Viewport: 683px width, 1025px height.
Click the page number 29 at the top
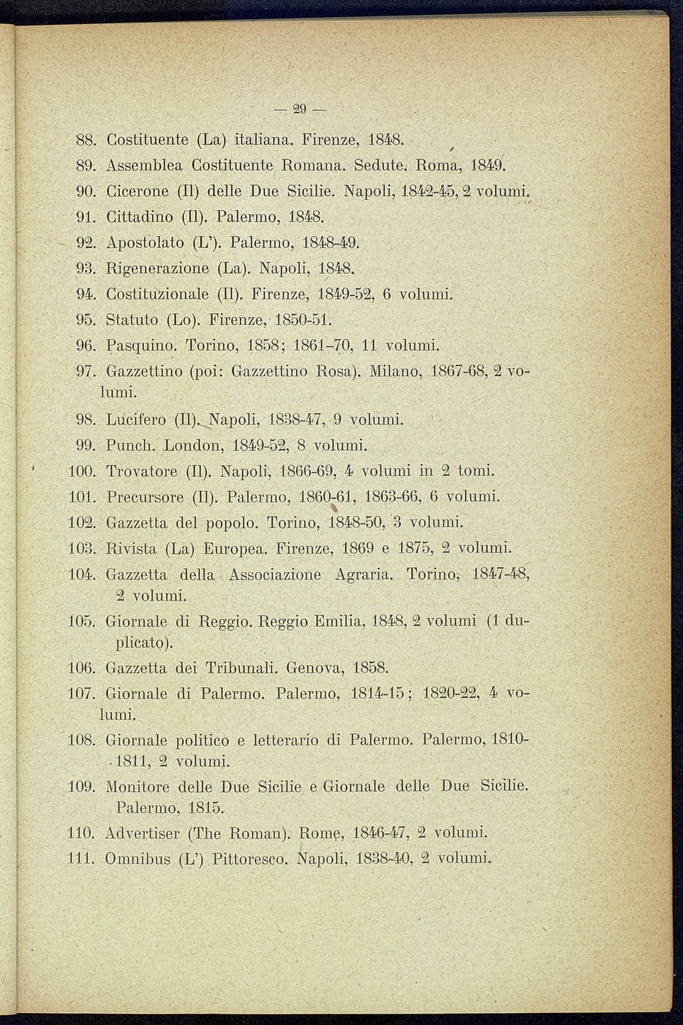point(299,109)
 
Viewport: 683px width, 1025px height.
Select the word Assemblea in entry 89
point(144,166)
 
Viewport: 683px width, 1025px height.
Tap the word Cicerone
point(138,192)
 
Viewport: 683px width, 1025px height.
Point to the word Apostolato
point(145,243)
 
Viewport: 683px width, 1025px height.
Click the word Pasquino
point(141,346)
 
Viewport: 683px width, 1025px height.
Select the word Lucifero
point(136,420)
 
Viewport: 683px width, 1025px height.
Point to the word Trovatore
point(141,471)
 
